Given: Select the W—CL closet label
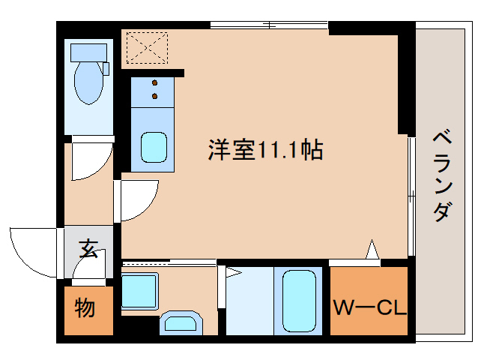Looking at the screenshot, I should [x=369, y=307].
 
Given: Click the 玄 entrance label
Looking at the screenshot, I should [x=88, y=248].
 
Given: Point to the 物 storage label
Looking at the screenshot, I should [x=85, y=307].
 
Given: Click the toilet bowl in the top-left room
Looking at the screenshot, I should [x=90, y=83].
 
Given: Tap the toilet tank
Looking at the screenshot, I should [x=90, y=52].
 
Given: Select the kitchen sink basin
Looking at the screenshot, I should [x=154, y=147].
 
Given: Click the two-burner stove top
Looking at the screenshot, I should [x=155, y=91].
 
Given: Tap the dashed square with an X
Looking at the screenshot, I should [x=147, y=48].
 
